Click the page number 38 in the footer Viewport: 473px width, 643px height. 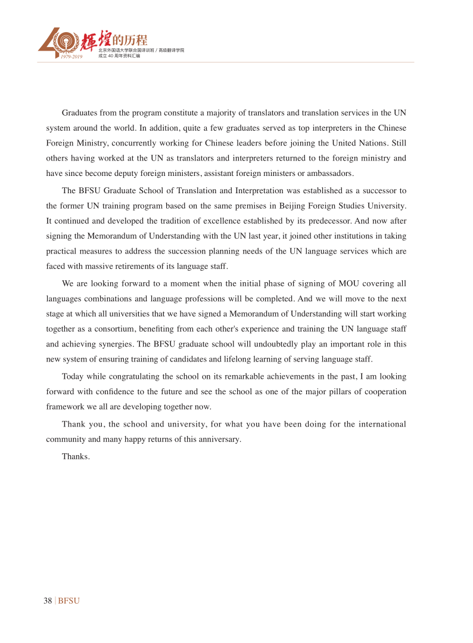[x=48, y=601]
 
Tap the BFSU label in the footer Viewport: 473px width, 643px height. [x=69, y=601]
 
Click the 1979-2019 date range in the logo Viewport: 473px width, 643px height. [x=71, y=56]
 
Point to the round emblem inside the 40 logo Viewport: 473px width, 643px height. [x=63, y=41]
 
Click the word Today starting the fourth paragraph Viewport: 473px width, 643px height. [x=73, y=376]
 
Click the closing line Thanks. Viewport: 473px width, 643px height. [x=76, y=457]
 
